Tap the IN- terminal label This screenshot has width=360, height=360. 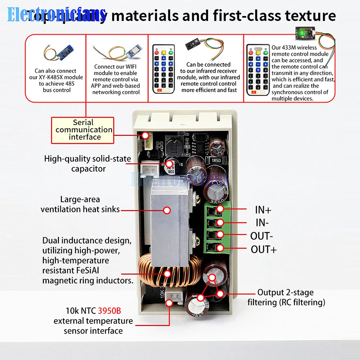[262, 223]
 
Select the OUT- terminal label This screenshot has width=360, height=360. [262, 236]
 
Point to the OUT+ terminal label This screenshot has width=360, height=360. [264, 249]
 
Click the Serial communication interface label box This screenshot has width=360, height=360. [83, 130]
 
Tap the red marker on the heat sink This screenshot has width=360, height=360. [167, 210]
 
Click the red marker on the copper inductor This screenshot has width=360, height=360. [167, 274]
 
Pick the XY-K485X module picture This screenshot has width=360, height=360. [57, 53]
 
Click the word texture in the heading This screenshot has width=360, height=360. [310, 15]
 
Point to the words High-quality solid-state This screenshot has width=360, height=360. [87, 159]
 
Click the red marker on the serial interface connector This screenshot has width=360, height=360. [145, 135]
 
